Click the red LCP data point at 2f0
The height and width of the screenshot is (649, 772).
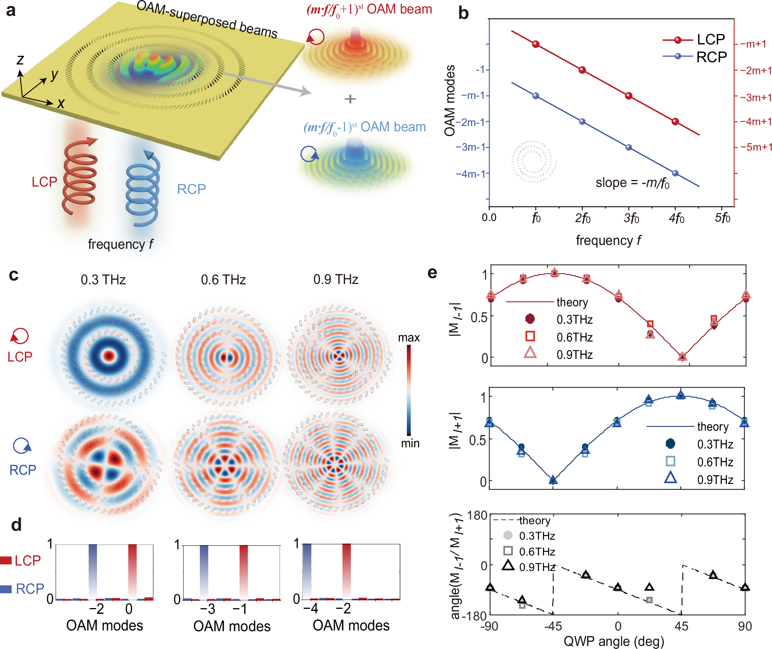(x=582, y=70)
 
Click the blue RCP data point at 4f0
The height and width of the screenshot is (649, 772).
(x=675, y=173)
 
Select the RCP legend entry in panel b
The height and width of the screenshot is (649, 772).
(x=695, y=57)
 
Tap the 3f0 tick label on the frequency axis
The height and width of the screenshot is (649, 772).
(x=631, y=218)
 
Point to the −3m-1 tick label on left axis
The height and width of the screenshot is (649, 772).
(x=472, y=147)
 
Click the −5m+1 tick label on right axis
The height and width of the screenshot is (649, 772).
(x=756, y=147)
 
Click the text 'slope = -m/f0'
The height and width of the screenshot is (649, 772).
(x=633, y=183)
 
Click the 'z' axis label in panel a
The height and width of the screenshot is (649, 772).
(x=20, y=60)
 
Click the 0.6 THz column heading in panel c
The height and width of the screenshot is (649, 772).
(x=223, y=280)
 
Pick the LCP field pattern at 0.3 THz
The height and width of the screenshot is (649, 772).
(x=109, y=355)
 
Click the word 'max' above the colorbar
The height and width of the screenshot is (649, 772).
(x=409, y=338)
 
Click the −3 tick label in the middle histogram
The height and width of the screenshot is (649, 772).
(x=207, y=609)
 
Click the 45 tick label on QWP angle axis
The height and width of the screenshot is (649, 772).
(x=681, y=626)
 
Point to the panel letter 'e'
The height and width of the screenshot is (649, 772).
(x=432, y=273)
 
